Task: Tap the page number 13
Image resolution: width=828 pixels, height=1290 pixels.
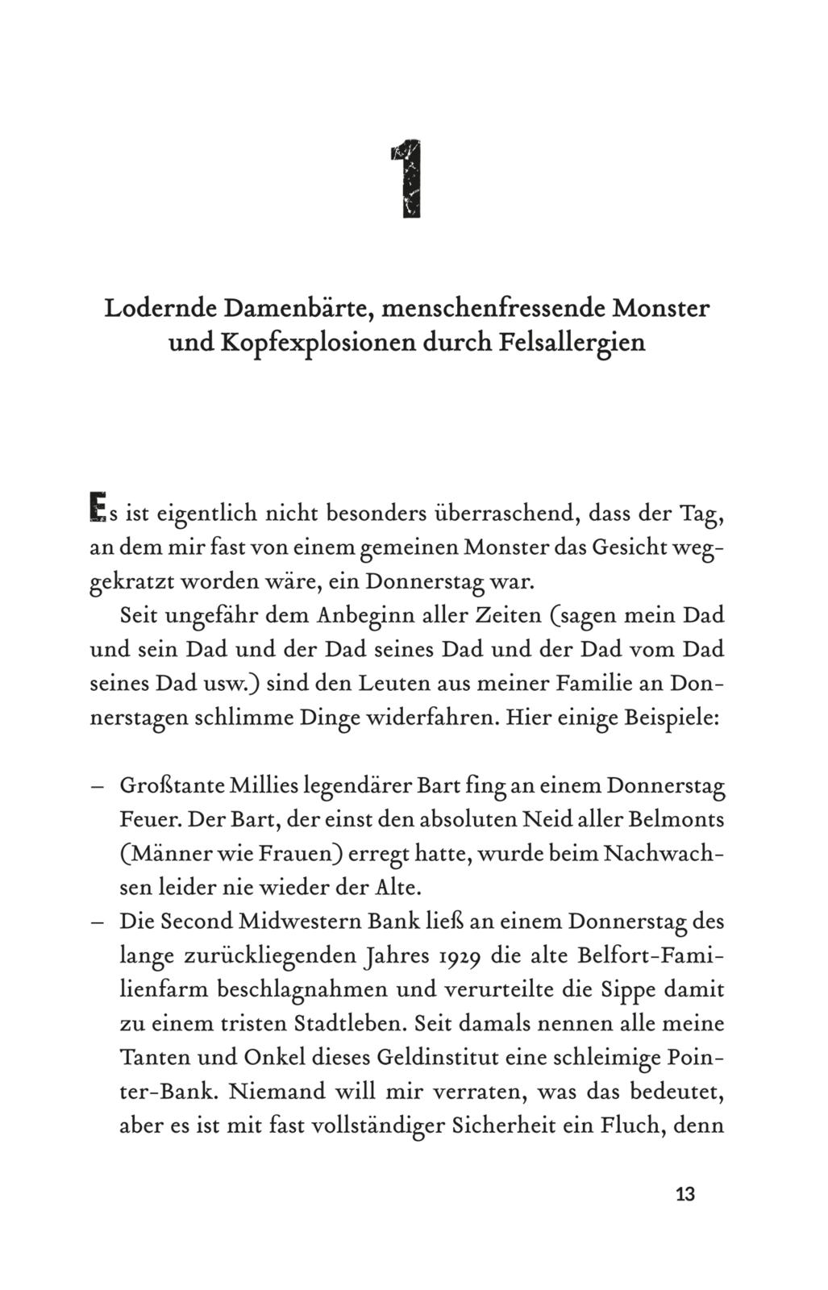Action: coord(684,1194)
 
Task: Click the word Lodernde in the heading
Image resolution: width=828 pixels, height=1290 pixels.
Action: coord(159,308)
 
